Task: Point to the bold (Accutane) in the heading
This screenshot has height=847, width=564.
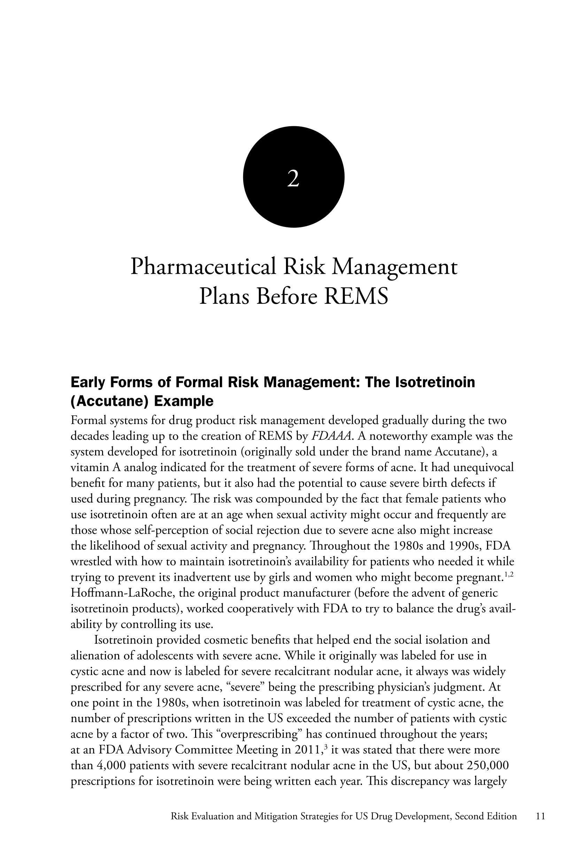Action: [109, 401]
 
